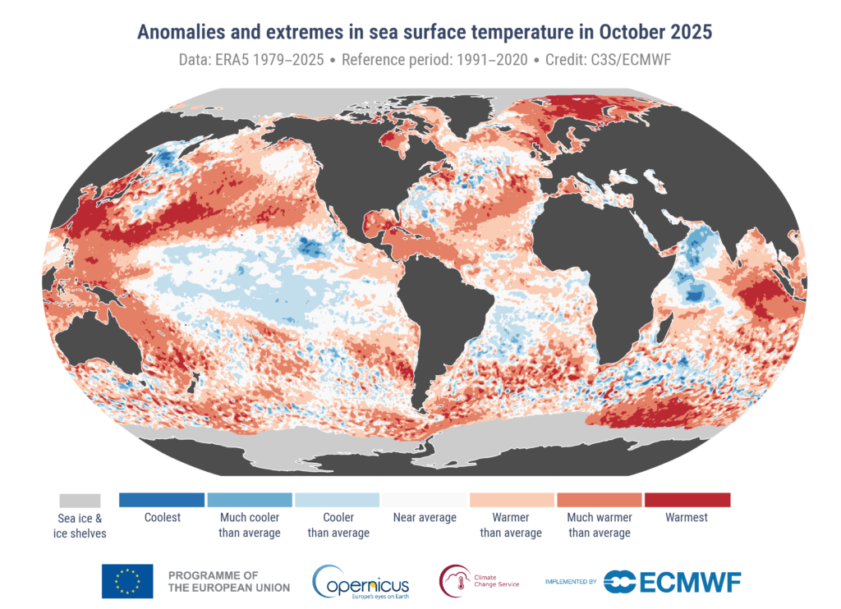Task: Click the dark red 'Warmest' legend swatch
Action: (x=687, y=500)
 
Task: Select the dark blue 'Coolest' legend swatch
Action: (x=162, y=500)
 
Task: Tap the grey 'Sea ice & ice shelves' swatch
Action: (x=80, y=500)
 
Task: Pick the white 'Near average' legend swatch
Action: (x=424, y=500)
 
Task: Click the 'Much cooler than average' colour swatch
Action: (x=250, y=500)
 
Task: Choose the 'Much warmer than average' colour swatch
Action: (x=599, y=500)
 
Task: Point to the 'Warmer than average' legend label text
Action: (x=511, y=525)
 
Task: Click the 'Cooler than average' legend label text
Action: (x=338, y=525)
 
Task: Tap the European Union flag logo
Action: (x=126, y=581)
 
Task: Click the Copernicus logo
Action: (x=361, y=581)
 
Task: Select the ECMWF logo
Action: (x=673, y=581)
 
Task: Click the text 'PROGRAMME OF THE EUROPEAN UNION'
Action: (x=227, y=581)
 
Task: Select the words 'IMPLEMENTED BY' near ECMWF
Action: (x=571, y=582)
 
